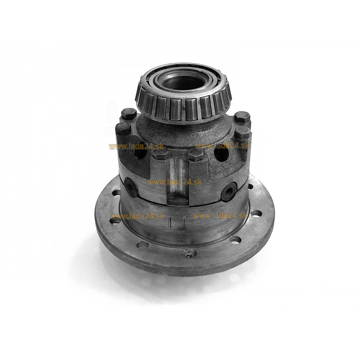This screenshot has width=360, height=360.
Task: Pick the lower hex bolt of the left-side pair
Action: pos(123,128)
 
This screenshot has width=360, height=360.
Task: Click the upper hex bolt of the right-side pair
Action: pos(242,117)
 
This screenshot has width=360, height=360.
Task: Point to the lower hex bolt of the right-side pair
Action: pos(242,133)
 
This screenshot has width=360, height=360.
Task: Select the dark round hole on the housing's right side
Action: pos(221,152)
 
